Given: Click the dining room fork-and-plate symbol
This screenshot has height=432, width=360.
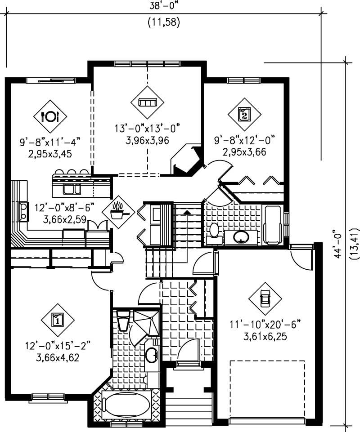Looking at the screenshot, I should [x=50, y=116].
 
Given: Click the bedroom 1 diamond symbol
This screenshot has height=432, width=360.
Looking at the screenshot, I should [x=58, y=320].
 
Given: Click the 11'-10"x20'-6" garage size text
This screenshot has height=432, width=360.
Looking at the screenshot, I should [x=265, y=324].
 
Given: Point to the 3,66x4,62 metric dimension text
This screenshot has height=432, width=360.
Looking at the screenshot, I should [x=58, y=356].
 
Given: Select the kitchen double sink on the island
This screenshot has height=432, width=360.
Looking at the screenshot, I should [x=72, y=189].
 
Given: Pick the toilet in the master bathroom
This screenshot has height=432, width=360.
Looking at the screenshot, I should [x=122, y=321].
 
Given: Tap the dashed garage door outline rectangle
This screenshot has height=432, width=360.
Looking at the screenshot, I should [x=267, y=389].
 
